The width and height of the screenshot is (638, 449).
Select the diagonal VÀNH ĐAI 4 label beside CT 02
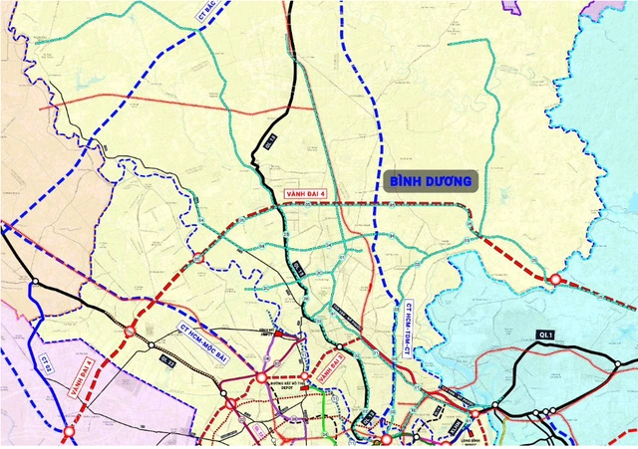[82, 379]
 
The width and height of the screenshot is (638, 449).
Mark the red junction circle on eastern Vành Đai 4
[555, 281]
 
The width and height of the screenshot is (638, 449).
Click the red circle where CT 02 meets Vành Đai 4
[69, 433]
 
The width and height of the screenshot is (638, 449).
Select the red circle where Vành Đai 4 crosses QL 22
[131, 329]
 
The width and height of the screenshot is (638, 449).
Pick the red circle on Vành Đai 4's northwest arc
[198, 259]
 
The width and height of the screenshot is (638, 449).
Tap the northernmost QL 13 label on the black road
[269, 142]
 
